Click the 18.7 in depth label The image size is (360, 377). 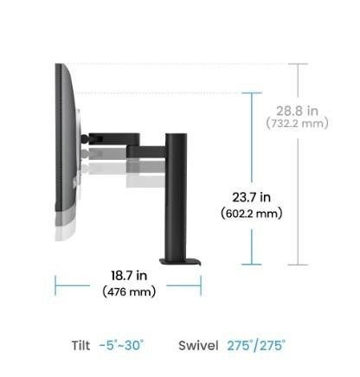[x=129, y=276]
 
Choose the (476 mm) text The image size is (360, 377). [x=129, y=291]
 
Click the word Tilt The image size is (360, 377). [x=80, y=346]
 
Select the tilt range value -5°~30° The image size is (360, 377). [x=122, y=346]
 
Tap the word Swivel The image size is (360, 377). [x=198, y=346]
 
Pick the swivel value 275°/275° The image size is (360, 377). [x=257, y=346]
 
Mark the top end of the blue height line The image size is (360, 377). [x=253, y=93]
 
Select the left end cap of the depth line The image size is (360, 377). [x=55, y=284]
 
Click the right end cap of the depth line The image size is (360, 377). [x=202, y=284]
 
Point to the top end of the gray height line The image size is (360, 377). [x=298, y=63]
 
